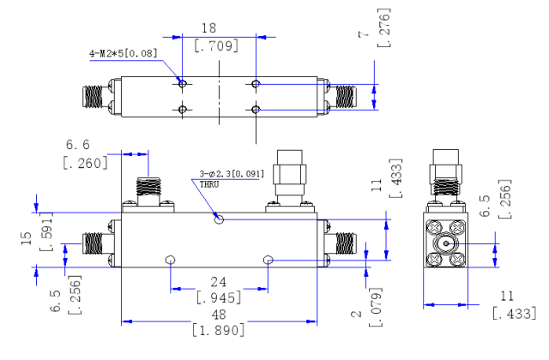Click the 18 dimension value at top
click(x=208, y=28)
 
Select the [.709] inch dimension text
click(x=216, y=45)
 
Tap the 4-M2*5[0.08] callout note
click(x=124, y=53)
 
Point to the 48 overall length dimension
click(x=219, y=315)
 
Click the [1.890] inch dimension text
click(x=218, y=330)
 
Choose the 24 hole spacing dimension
click(x=219, y=282)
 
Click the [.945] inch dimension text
click(x=219, y=297)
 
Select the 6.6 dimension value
click(x=78, y=145)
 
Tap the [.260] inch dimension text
click(x=85, y=163)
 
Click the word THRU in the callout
click(x=209, y=184)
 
